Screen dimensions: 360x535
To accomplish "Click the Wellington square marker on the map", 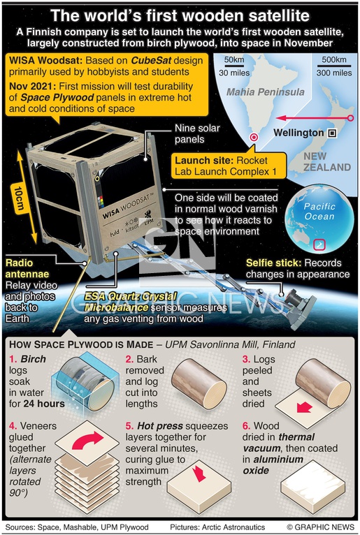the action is click(332, 133).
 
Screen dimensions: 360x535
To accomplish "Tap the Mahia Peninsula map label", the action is click(266, 91).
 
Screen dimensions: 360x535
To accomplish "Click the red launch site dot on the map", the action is click(254, 137).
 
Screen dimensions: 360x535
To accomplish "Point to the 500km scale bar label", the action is click(333, 59).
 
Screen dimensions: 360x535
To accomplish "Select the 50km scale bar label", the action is click(234, 59).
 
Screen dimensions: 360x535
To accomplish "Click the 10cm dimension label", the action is click(20, 199).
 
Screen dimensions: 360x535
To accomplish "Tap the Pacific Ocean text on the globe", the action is click(319, 211).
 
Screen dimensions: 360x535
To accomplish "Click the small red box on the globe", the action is click(319, 244).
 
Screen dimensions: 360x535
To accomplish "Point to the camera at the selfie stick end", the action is click(296, 298).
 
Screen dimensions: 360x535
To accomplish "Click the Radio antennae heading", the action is click(27, 268).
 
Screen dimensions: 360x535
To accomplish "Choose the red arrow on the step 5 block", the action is click(199, 474).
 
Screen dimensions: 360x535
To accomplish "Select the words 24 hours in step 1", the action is click(44, 404).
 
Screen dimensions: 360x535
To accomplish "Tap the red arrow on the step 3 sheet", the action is click(304, 407).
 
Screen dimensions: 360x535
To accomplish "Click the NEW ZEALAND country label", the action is click(327, 162).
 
